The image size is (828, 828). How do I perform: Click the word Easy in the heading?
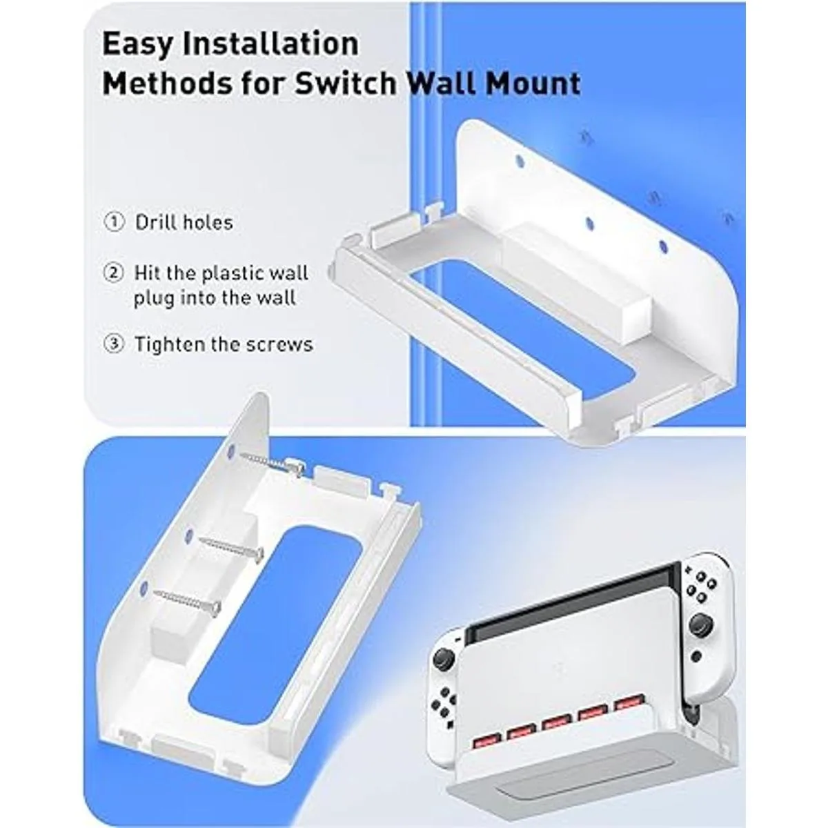137,45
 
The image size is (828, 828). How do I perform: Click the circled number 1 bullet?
114,222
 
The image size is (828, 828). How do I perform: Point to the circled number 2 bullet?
114,273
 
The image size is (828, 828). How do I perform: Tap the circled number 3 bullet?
114,344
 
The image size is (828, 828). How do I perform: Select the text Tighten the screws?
224,344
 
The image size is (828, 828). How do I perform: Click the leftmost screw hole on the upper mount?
520,162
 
